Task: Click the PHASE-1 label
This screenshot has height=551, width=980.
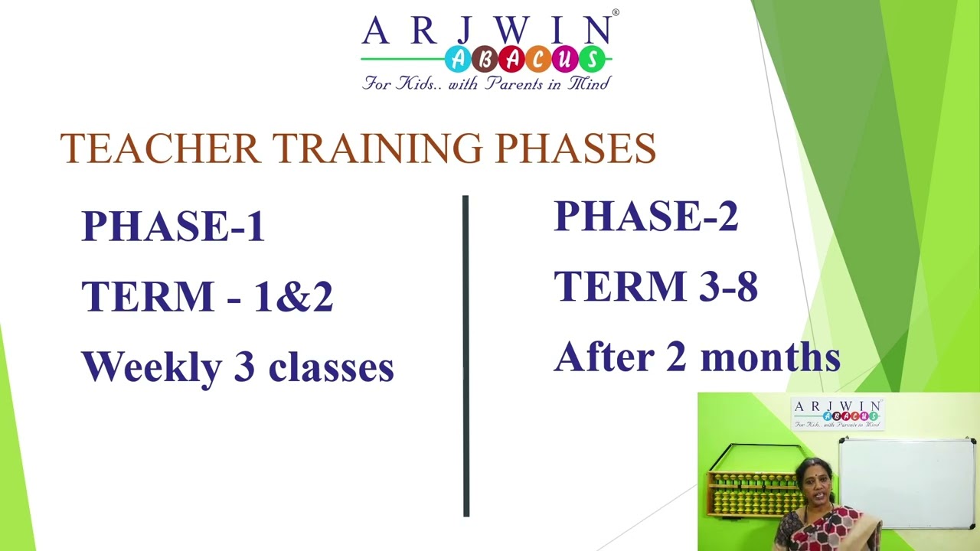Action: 173,227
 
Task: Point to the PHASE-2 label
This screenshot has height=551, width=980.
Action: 645,217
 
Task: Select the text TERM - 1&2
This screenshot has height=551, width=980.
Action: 207,297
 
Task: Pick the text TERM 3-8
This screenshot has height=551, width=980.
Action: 655,287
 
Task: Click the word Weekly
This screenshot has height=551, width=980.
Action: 150,367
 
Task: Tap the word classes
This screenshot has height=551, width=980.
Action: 331,368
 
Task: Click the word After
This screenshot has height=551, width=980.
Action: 602,357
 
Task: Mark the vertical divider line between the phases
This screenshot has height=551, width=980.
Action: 465,356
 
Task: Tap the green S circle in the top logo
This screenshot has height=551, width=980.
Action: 590,59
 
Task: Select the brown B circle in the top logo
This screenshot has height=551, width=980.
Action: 484,59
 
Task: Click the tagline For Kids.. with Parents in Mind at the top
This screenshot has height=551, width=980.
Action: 486,83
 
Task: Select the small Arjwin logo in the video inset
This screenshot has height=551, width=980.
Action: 837,414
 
